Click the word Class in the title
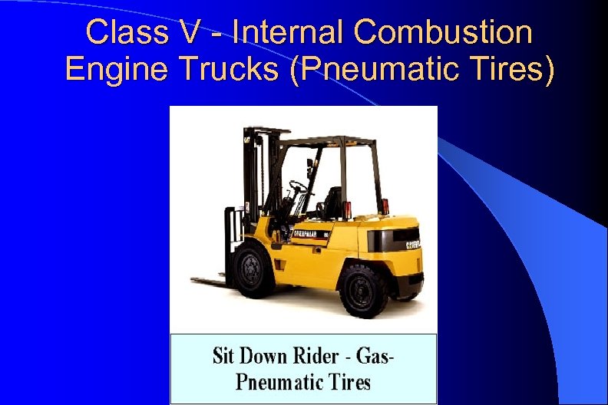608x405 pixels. (x=122, y=32)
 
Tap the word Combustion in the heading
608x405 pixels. (x=443, y=32)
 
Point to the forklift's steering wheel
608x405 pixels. (x=297, y=186)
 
